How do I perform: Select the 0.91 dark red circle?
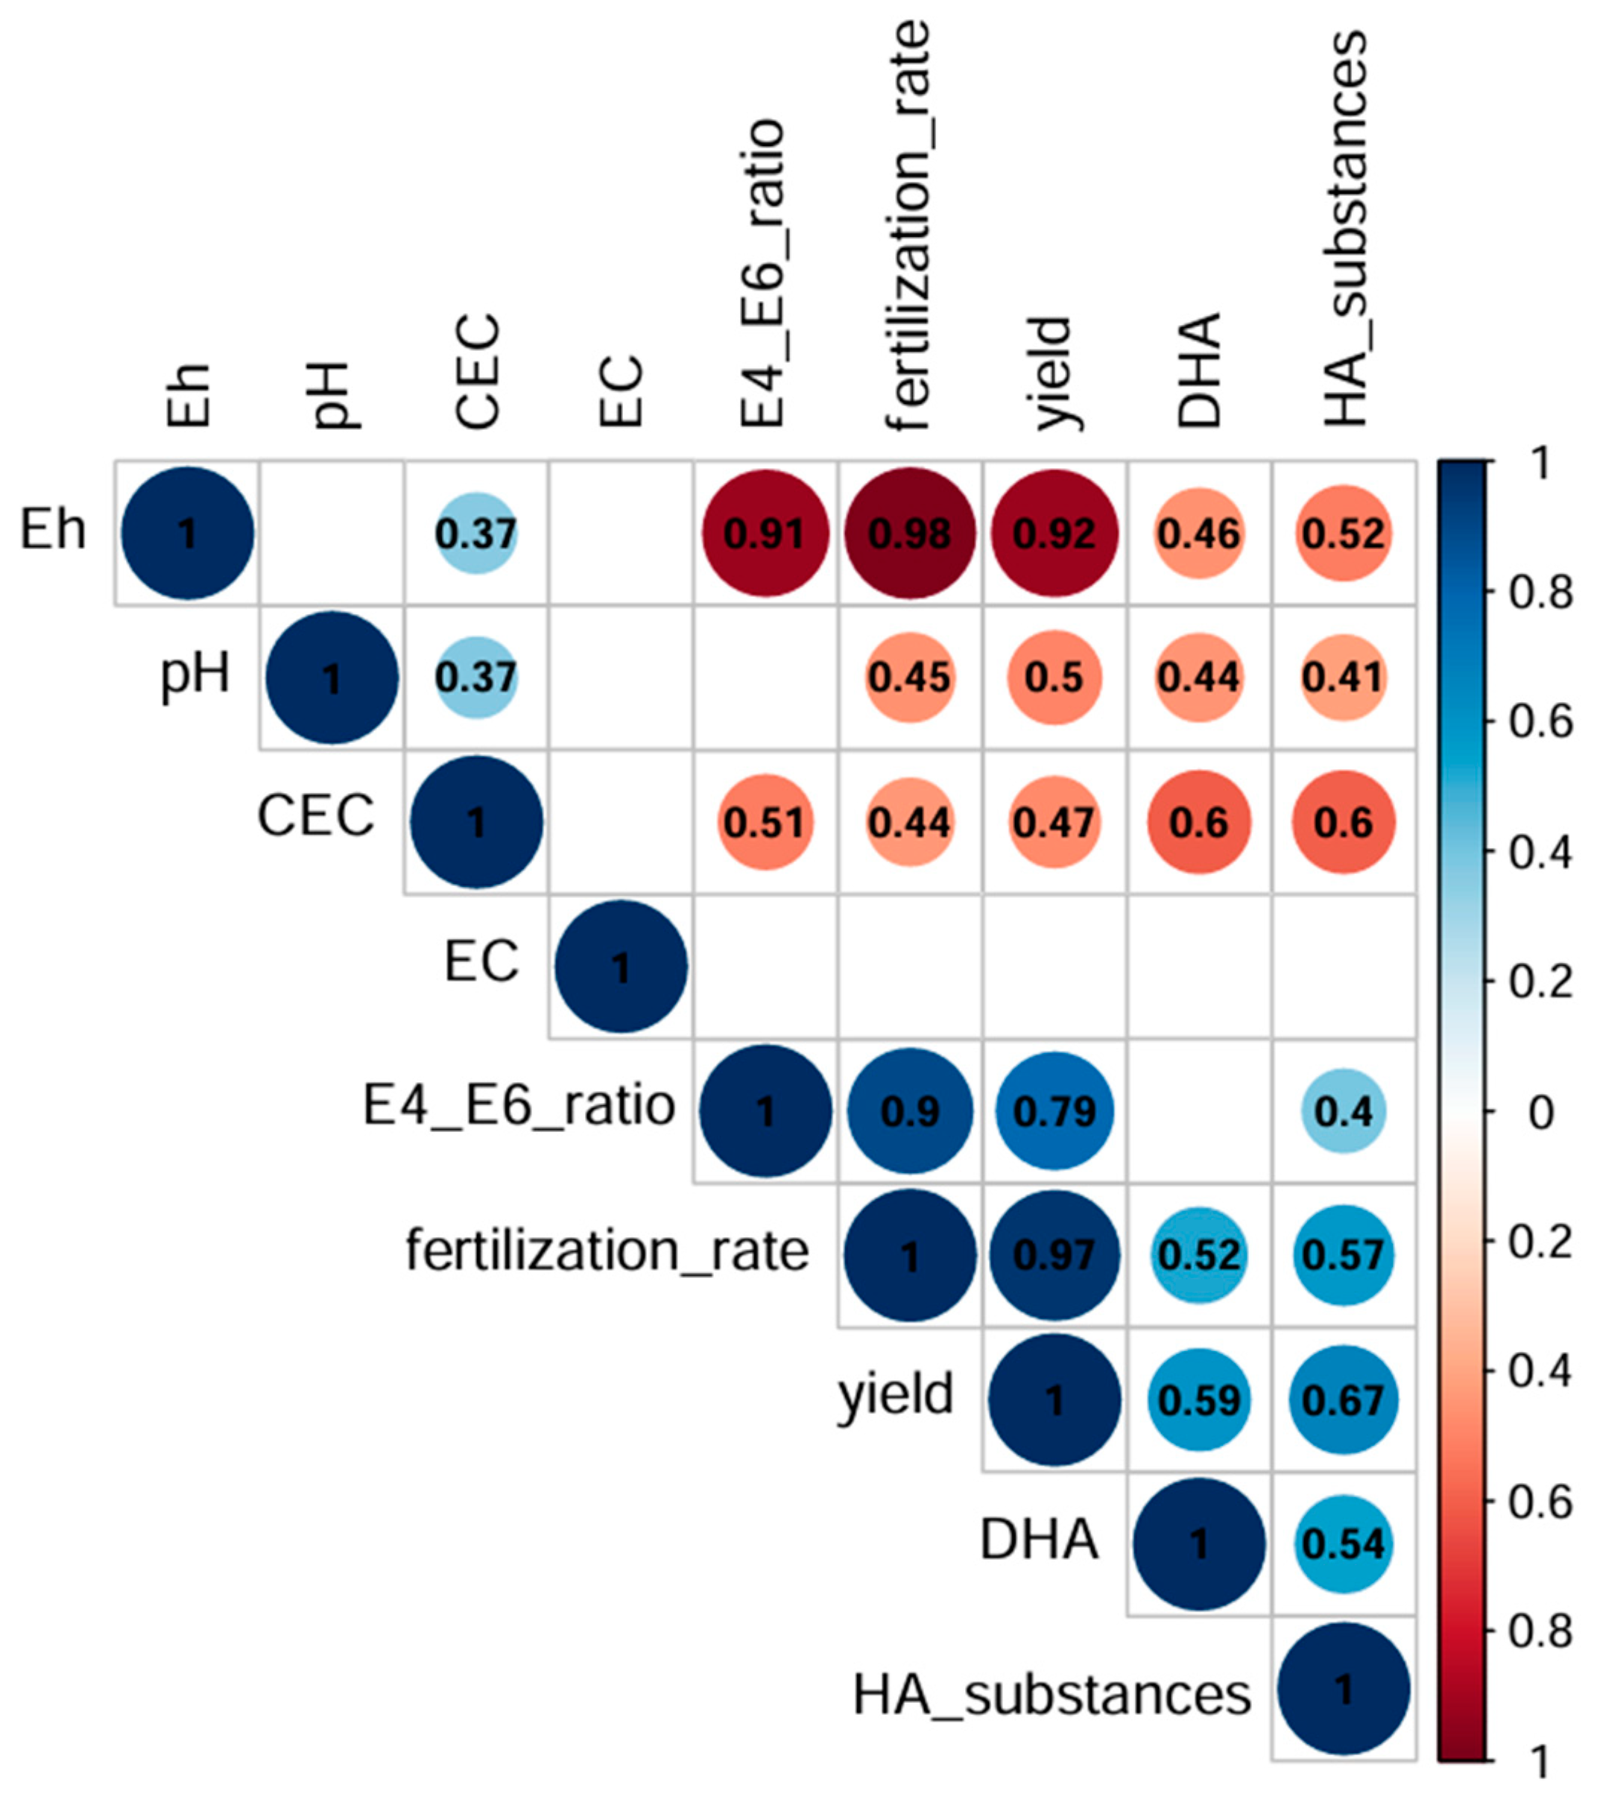click(765, 534)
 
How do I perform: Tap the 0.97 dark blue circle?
click(1054, 1255)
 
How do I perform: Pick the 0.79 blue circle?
click(1054, 1111)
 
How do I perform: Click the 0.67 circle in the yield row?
click(1343, 1400)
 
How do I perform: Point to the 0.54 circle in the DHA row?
click(1343, 1543)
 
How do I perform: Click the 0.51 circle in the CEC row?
click(765, 822)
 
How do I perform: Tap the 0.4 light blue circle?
click(1343, 1111)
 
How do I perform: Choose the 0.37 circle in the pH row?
click(477, 677)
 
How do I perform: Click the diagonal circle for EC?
click(621, 966)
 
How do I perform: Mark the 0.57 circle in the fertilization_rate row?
click(1343, 1255)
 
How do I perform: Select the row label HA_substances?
click(1052, 1695)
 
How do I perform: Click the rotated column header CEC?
click(478, 371)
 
